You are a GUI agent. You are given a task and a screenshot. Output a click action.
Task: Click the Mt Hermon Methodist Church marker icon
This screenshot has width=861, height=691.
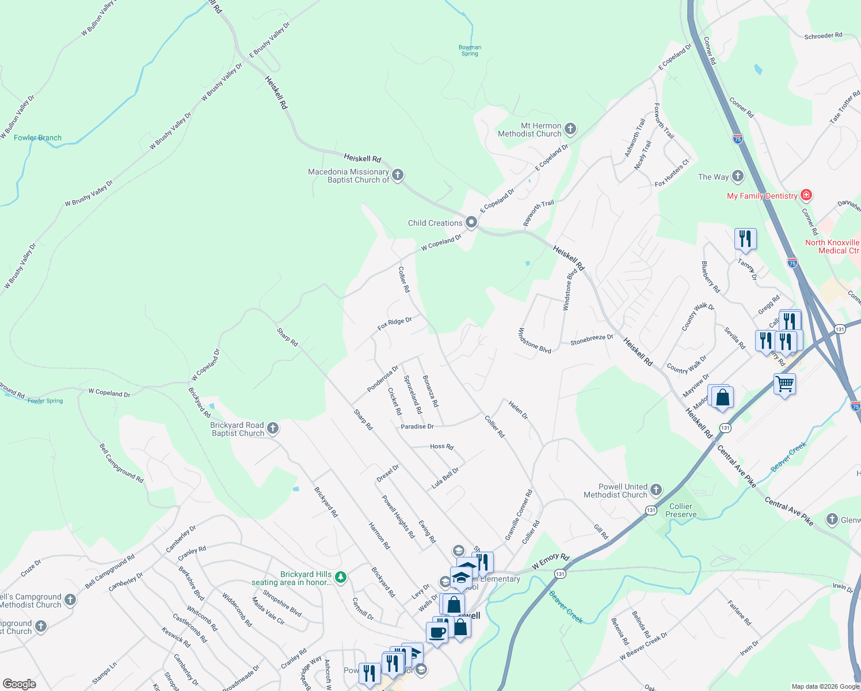coord(570,129)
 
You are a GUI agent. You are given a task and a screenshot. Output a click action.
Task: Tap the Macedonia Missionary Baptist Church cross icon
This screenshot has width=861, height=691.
coord(398,175)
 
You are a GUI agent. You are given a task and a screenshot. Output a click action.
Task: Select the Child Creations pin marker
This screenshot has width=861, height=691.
coord(471,222)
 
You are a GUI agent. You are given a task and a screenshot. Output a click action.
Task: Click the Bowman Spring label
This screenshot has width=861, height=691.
coord(470,51)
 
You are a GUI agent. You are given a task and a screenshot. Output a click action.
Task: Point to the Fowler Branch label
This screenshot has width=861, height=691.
coord(37,138)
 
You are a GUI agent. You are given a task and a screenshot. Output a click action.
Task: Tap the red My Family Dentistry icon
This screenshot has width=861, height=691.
coord(806,195)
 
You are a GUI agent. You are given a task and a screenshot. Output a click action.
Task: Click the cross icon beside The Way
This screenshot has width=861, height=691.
coord(738,176)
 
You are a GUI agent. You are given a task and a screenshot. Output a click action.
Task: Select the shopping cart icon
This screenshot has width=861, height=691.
coord(785,384)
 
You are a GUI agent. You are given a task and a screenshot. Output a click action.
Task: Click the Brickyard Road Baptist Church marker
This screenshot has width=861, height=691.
coord(273,428)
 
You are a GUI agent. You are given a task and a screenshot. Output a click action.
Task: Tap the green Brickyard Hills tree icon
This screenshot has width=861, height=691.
coord(341,576)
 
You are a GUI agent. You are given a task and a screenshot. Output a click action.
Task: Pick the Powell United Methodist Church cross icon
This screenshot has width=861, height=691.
coord(656,490)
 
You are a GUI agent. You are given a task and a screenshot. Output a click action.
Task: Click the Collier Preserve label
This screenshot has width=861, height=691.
coord(681,510)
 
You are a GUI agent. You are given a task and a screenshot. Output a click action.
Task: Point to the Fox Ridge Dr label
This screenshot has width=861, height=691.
coord(394,324)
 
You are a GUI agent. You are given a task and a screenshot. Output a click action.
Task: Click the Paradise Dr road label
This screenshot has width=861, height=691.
coord(417,427)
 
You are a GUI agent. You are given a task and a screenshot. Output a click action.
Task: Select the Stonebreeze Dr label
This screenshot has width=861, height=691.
coord(592,340)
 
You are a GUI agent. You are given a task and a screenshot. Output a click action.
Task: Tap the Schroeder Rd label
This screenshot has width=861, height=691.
coord(823,36)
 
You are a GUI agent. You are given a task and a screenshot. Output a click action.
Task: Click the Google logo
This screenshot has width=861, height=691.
coord(20,684)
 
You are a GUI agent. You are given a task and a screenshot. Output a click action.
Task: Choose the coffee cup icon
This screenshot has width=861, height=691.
coord(437,632)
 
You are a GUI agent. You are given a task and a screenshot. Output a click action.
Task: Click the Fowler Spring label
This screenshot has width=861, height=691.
coord(45,401)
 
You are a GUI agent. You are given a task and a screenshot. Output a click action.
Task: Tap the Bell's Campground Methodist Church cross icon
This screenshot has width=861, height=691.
coord(70,600)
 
